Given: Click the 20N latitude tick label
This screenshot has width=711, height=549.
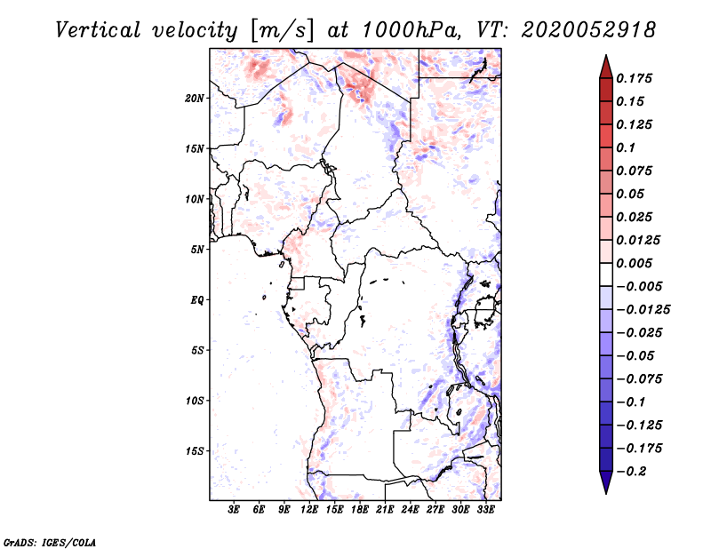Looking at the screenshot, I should point(195,98).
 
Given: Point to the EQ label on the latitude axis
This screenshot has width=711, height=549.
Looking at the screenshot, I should point(197,300).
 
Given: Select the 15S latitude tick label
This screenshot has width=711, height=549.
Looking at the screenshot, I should point(195,451).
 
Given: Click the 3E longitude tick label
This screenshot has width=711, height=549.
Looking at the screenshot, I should point(235,510).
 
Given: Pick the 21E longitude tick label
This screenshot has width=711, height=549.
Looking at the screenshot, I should point(386,510).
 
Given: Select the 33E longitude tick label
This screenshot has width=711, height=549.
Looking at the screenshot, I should point(486,510).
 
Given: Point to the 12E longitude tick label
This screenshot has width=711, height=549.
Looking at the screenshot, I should point(310,510).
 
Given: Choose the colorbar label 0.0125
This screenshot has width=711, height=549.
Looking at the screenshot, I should point(640,240).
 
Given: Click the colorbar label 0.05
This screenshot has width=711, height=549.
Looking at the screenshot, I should point(632,194).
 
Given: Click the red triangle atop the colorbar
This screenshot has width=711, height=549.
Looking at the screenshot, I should point(605,67).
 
